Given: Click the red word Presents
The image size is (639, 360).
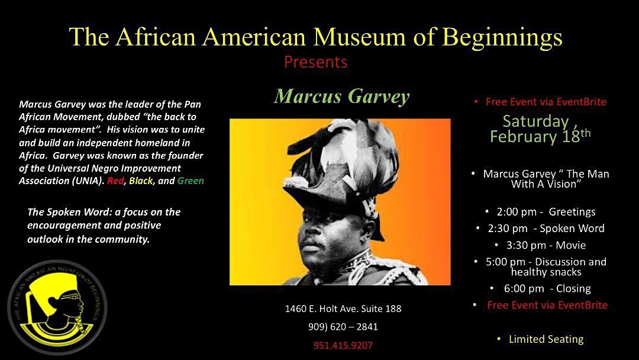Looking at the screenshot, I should pos(315,62).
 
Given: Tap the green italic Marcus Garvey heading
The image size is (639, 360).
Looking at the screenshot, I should pos(341,96).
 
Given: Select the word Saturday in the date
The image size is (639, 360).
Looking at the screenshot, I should pos(535,121).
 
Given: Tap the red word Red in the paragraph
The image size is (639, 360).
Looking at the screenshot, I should pos(115,181).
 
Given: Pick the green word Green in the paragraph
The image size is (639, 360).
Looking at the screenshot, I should pos(189,181).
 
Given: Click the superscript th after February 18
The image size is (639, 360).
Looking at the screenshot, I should pos(585,133).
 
